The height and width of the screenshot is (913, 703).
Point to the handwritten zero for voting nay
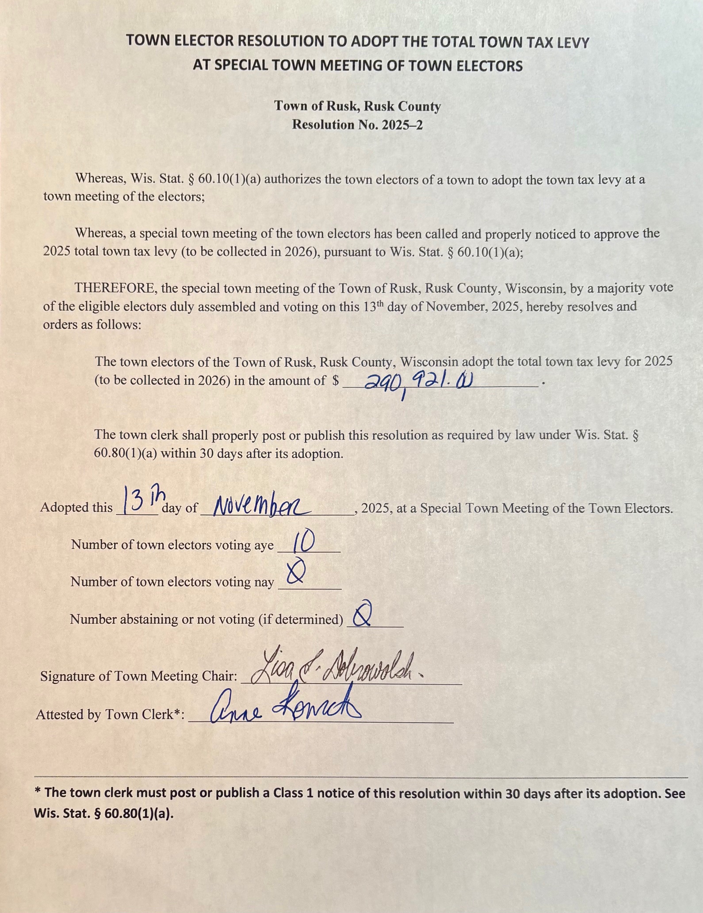[295, 574]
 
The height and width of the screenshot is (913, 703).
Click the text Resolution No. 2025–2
[357, 125]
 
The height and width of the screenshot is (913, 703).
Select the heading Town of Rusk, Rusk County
[357, 106]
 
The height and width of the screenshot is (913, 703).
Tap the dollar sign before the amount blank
[336, 381]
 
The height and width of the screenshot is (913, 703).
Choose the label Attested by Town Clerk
[110, 714]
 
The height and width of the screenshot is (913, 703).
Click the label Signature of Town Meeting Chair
[138, 676]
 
